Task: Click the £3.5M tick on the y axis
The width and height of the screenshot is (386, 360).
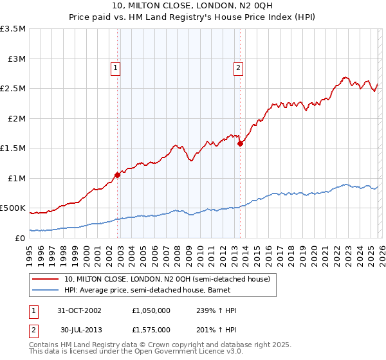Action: click(14, 29)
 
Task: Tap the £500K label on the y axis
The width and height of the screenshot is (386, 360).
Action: click(13, 208)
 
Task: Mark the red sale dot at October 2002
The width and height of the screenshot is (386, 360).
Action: click(118, 175)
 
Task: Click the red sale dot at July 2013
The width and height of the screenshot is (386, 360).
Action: click(240, 144)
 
